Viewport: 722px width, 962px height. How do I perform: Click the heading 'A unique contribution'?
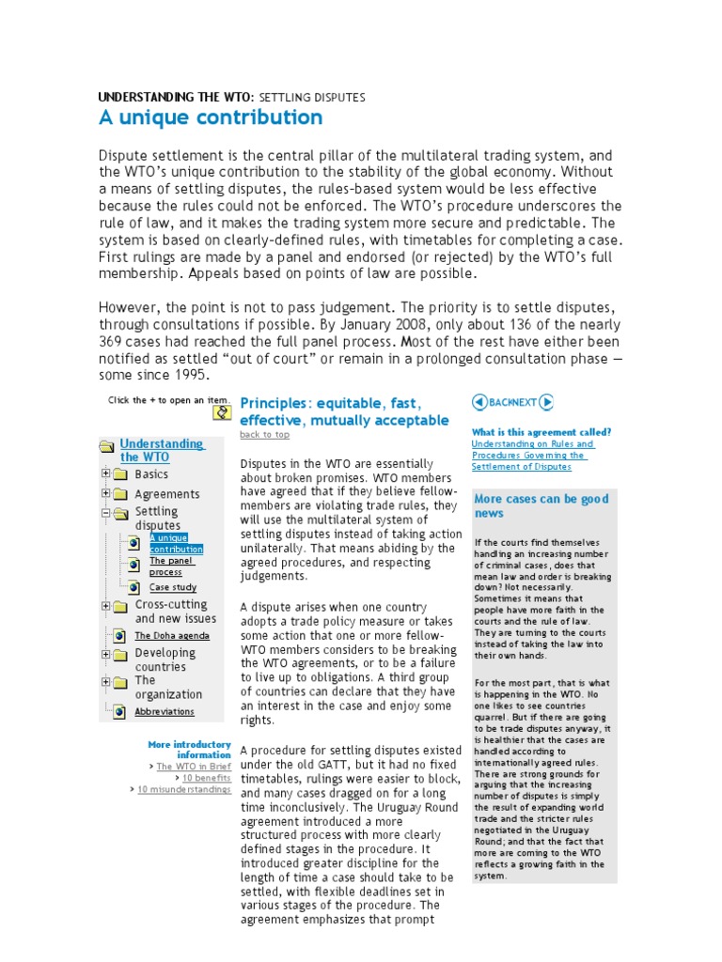point(211,117)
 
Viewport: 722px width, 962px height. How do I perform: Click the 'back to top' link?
point(264,434)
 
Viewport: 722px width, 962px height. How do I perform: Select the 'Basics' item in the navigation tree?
point(151,474)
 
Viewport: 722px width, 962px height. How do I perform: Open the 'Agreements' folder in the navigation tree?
point(166,494)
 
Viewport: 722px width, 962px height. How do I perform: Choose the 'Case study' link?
point(173,587)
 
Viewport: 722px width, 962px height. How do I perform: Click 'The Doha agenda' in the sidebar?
point(172,635)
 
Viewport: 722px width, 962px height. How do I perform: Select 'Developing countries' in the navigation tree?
point(165,659)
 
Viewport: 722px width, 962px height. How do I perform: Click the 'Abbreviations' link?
point(165,711)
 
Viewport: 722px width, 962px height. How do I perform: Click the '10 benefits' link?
point(206,778)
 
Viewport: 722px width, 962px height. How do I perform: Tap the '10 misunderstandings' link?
point(183,789)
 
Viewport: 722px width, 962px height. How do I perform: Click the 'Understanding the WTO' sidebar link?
point(161,450)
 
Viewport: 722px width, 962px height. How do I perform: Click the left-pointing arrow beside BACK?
point(479,402)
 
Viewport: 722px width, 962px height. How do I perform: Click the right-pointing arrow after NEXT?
point(546,402)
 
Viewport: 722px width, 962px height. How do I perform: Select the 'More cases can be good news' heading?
point(541,505)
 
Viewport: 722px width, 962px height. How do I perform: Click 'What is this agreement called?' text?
point(541,432)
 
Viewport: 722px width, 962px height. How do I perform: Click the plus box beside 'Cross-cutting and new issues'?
point(106,606)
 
